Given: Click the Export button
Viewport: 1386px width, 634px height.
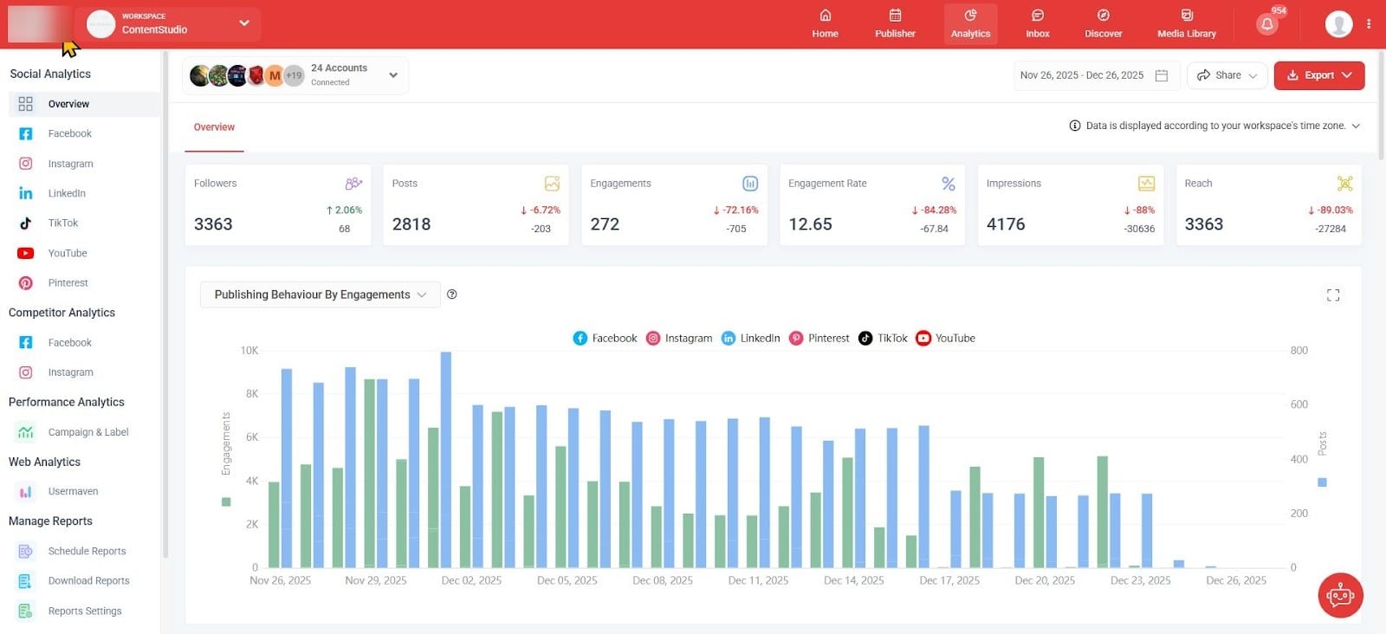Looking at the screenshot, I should pyautogui.click(x=1318, y=75).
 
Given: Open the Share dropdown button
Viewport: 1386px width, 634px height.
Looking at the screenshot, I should pyautogui.click(x=1227, y=75).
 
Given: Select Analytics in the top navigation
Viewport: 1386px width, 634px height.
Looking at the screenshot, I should pyautogui.click(x=970, y=23).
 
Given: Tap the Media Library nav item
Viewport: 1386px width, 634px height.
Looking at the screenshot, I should pyautogui.click(x=1186, y=23).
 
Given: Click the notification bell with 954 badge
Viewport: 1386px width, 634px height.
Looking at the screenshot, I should pyautogui.click(x=1267, y=23).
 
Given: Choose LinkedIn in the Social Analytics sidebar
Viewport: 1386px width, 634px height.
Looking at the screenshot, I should pyautogui.click(x=66, y=193).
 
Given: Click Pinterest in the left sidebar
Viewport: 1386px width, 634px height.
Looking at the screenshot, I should pyautogui.click(x=68, y=283).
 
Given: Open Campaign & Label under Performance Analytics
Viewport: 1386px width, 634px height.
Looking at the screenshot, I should pyautogui.click(x=87, y=432).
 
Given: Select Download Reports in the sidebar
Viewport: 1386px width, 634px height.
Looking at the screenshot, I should pyautogui.click(x=88, y=581).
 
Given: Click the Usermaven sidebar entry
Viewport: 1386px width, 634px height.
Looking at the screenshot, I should pyautogui.click(x=73, y=491).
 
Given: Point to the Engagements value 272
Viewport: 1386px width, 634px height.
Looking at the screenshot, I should pyautogui.click(x=605, y=224).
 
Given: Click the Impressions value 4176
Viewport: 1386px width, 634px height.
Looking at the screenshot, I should pyautogui.click(x=1005, y=224).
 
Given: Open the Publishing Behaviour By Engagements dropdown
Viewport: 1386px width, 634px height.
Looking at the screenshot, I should pyautogui.click(x=320, y=294).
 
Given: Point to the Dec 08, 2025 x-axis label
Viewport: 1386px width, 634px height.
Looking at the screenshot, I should pyautogui.click(x=663, y=580).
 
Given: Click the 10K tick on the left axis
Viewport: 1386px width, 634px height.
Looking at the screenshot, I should pyautogui.click(x=249, y=351).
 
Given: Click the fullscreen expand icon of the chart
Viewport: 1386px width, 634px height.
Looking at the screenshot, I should pyautogui.click(x=1332, y=295).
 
